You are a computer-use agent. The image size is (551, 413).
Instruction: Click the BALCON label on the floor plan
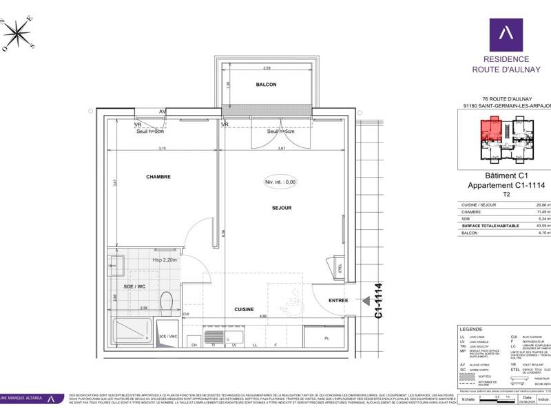266,85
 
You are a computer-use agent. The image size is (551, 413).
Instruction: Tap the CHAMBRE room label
158,177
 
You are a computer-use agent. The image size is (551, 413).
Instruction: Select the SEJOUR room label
282,207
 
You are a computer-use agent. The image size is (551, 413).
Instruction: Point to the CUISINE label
244,310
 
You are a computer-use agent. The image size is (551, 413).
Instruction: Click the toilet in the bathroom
165,303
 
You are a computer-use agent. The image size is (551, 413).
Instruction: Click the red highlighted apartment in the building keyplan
490,129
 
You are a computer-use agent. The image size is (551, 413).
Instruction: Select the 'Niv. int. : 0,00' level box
280,182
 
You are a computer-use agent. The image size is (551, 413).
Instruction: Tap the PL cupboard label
326,338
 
